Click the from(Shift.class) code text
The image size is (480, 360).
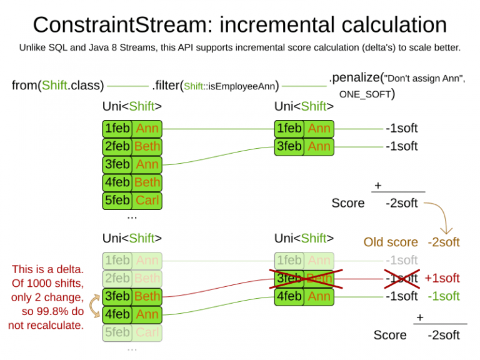58,86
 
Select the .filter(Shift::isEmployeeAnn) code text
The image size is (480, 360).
215,86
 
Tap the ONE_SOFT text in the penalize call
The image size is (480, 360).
366,94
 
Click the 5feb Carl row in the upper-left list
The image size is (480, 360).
132,201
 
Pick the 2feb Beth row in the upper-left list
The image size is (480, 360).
132,146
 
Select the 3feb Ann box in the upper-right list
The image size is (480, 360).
304,146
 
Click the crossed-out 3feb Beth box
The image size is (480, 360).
304,278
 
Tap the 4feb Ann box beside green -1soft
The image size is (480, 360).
304,296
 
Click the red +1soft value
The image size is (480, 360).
442,278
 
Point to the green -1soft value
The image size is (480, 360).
443,296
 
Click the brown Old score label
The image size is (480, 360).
391,242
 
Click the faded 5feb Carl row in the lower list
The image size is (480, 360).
132,332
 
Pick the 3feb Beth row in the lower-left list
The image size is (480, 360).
132,296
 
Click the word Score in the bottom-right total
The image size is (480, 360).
390,335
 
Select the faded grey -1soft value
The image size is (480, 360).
401,260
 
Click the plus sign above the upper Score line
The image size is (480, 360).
377,186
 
